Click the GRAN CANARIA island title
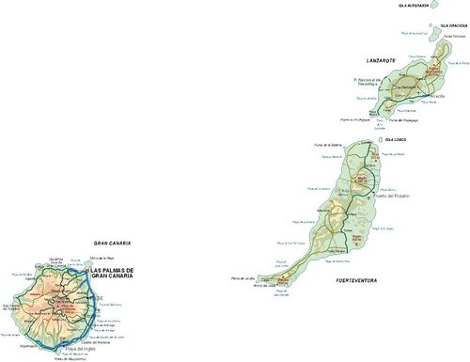click(112, 243)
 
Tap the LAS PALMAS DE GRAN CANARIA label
click(111, 274)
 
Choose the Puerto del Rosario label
click(393, 197)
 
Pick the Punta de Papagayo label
click(375, 119)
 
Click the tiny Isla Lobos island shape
click(379, 141)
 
